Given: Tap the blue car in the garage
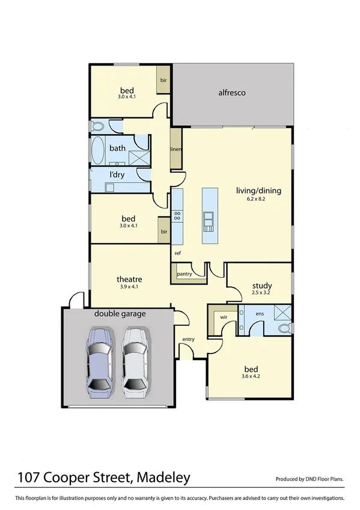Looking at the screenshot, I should click(99, 363).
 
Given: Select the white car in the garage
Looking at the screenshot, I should click(135, 363).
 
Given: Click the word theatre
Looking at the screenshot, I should click(129, 279).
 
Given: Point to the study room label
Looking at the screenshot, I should click(262, 286).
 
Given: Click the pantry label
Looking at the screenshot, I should click(185, 274).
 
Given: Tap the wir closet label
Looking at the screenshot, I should click(224, 315).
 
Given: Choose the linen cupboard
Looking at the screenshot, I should click(175, 149).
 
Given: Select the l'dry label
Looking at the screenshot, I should click(117, 175).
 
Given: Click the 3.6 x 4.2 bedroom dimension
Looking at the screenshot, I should click(251, 377).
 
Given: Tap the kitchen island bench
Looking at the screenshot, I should click(210, 215).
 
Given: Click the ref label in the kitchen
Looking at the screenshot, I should click(178, 253).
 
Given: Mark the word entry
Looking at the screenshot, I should click(189, 339).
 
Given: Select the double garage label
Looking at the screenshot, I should click(120, 313).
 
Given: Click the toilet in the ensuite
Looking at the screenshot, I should click(285, 328).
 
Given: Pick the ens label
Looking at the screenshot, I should click(260, 313).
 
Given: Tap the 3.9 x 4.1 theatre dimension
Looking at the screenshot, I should click(129, 287).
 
